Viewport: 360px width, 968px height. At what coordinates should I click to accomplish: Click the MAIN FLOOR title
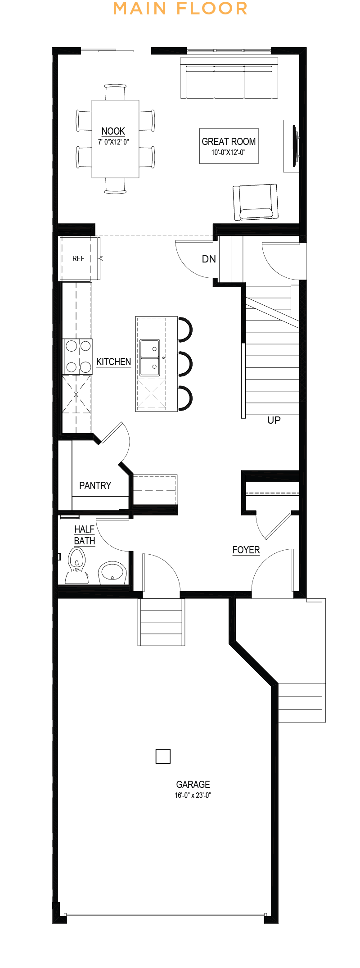(180, 9)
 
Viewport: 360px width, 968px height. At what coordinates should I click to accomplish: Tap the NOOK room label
(113, 131)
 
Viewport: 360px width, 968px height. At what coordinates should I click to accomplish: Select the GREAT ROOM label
(229, 141)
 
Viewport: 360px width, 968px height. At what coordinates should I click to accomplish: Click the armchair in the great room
(255, 202)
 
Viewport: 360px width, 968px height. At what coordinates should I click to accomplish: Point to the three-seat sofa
(229, 77)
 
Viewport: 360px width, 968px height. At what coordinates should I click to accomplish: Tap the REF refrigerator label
(78, 258)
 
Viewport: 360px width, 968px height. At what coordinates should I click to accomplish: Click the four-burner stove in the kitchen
(78, 357)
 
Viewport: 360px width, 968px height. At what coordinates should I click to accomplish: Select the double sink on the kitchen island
(150, 358)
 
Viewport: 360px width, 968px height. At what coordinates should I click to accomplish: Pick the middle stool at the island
(185, 364)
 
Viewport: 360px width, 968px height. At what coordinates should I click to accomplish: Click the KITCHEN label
(113, 362)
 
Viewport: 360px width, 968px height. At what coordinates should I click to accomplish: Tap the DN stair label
(209, 259)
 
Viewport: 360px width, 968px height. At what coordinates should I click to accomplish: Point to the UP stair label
(274, 420)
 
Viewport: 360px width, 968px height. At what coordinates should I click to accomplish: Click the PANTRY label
(95, 485)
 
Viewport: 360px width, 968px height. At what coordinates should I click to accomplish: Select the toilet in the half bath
(77, 565)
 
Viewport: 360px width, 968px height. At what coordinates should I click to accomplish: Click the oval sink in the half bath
(112, 572)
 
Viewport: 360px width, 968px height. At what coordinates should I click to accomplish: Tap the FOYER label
(246, 550)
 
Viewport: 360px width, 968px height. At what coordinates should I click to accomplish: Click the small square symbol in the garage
(163, 756)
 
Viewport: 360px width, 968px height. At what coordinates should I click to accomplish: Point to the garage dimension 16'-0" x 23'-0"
(193, 795)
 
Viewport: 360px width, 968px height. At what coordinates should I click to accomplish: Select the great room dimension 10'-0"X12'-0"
(229, 153)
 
